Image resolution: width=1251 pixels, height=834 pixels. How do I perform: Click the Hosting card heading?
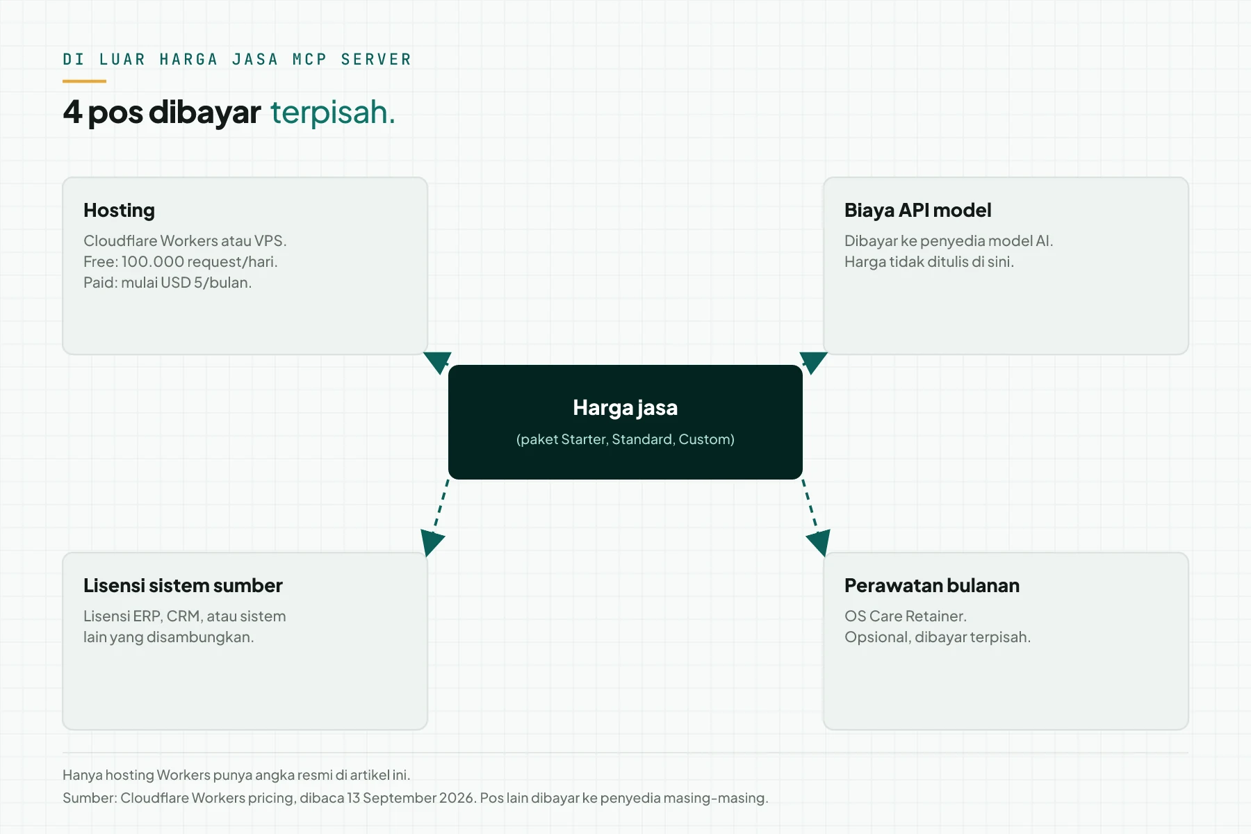coord(119,211)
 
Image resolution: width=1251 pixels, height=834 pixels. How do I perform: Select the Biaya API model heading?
coord(917,210)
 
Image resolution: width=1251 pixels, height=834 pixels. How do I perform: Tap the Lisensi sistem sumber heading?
coord(183,585)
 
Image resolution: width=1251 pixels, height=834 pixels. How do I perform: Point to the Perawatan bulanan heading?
coord(932,585)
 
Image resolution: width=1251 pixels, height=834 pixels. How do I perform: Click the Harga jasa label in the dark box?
coord(625,408)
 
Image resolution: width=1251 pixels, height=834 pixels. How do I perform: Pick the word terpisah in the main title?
coord(332,112)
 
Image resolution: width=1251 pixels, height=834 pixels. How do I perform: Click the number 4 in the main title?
coord(72,111)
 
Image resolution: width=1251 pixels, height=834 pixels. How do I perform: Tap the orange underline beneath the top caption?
coord(84,81)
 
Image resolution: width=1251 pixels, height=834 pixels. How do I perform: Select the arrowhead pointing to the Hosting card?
coord(437,361)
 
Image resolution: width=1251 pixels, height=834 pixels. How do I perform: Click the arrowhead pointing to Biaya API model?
coord(813,361)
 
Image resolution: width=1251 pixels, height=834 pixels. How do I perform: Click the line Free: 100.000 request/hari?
coord(181,262)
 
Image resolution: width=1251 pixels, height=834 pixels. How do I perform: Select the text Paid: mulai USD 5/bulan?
coord(167,283)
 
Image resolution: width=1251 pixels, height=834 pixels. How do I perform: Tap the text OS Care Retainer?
coord(906,616)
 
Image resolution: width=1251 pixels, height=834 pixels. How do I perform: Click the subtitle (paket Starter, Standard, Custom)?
coord(625,439)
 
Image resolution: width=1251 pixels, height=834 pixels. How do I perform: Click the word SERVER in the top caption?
coord(376,59)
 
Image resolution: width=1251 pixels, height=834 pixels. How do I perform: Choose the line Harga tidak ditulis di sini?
coord(929,262)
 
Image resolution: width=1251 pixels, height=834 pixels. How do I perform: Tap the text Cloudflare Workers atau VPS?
coord(185,241)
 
